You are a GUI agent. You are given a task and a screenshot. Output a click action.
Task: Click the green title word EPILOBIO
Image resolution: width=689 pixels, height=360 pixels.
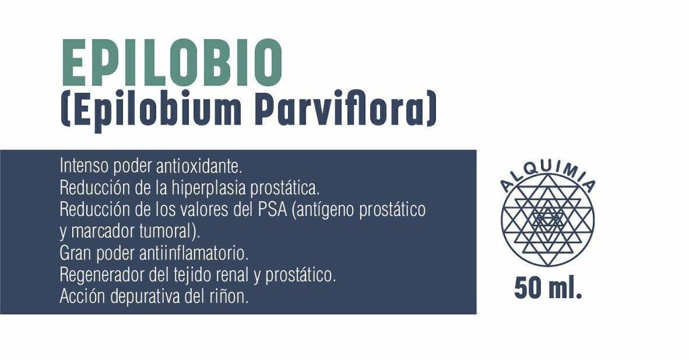pos(172,63)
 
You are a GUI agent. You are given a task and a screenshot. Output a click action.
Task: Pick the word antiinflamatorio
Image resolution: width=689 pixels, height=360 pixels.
pos(194,254)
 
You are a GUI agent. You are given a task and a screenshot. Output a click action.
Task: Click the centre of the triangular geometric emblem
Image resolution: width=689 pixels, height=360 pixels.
pos(548,219)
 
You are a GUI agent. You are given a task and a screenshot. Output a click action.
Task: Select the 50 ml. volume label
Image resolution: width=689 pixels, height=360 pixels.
pos(548,289)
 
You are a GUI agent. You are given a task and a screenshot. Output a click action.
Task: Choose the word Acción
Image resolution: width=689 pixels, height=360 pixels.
pos(83,297)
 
